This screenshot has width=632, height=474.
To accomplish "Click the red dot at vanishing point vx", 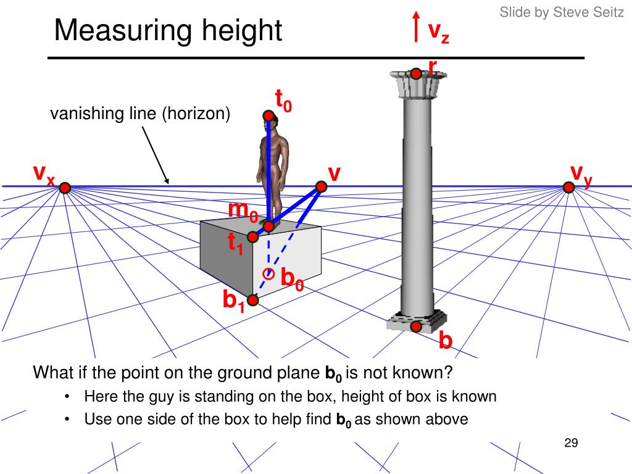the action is pyautogui.click(x=65, y=188).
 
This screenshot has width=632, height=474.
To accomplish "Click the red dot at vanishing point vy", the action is pyautogui.click(x=569, y=187).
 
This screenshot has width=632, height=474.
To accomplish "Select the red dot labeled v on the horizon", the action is pyautogui.click(x=321, y=186).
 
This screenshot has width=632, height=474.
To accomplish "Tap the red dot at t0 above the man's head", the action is pyautogui.click(x=268, y=115).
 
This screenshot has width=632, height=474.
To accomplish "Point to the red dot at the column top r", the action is pyautogui.click(x=417, y=74).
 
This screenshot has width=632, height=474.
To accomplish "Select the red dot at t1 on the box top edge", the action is pyautogui.click(x=252, y=236).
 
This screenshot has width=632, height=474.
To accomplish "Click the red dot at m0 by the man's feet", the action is pyautogui.click(x=268, y=227).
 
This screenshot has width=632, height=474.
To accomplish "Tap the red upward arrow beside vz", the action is pyautogui.click(x=417, y=25).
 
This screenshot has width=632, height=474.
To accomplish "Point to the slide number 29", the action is pyautogui.click(x=570, y=443).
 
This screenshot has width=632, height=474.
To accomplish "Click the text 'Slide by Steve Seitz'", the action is pyautogui.click(x=562, y=12).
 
